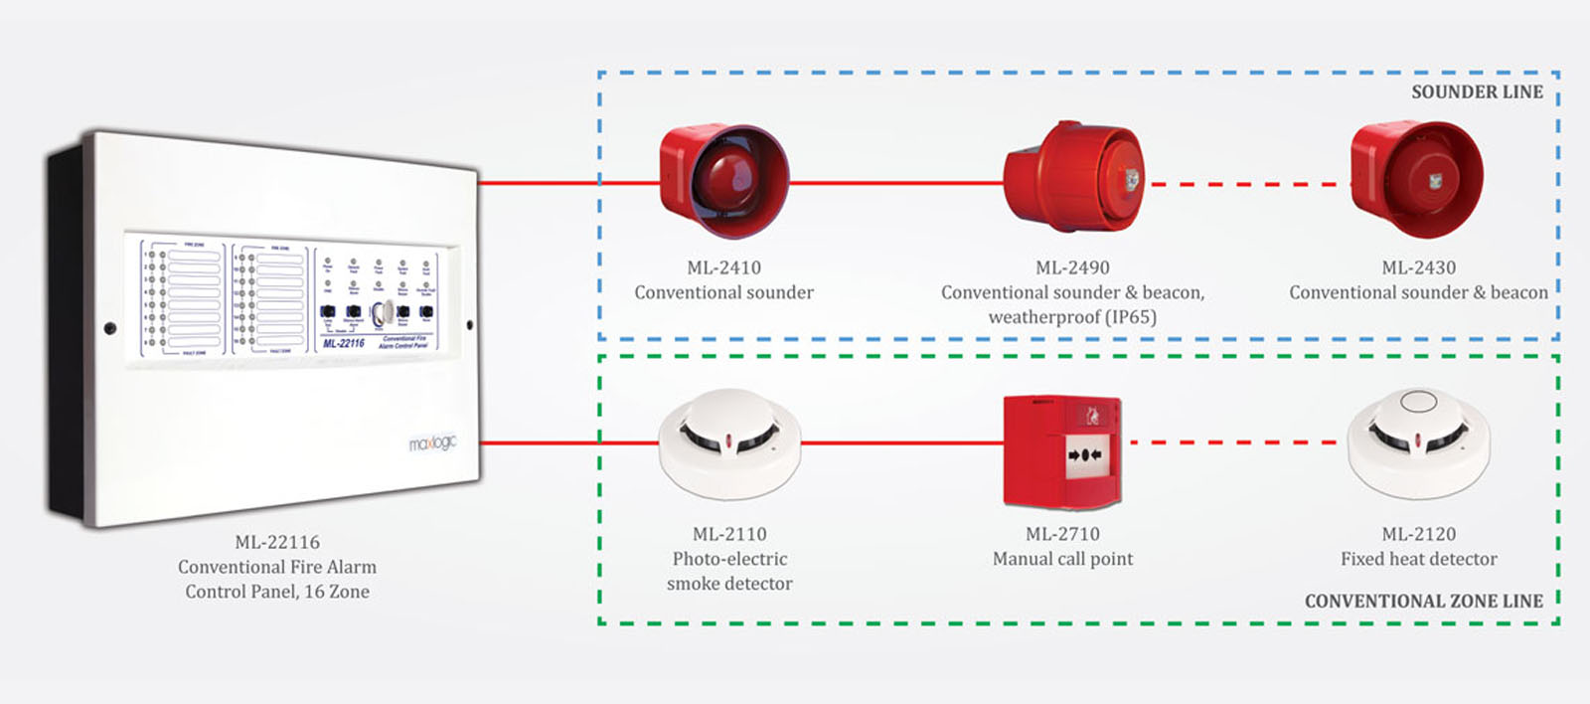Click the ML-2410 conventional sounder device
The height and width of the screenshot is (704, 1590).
(x=723, y=180)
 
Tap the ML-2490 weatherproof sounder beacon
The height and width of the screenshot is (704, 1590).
(x=1073, y=179)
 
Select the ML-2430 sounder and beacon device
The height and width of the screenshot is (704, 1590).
(x=1417, y=180)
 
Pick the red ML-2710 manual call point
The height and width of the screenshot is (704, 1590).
(x=1063, y=451)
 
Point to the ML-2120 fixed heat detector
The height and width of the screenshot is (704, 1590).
(x=1418, y=443)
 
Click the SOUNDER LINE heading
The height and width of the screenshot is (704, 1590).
(x=1477, y=92)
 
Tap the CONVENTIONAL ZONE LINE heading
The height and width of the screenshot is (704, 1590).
(x=1423, y=602)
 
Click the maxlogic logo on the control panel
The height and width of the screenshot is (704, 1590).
(x=432, y=442)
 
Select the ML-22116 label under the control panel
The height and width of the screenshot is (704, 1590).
(x=277, y=542)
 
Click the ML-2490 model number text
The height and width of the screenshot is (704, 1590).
(x=1072, y=267)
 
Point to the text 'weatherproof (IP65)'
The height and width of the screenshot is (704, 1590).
(x=1072, y=317)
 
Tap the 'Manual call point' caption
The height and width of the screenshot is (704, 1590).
(x=1062, y=559)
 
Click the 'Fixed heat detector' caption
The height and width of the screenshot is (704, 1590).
(x=1418, y=559)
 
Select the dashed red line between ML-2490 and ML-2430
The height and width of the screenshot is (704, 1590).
(x=1246, y=184)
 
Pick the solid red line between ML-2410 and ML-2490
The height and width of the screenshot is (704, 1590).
(x=894, y=183)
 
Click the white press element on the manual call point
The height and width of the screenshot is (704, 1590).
(x=1085, y=455)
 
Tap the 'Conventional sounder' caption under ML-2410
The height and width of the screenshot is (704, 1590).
(x=723, y=292)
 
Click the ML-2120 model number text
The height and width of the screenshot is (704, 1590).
(x=1418, y=534)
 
